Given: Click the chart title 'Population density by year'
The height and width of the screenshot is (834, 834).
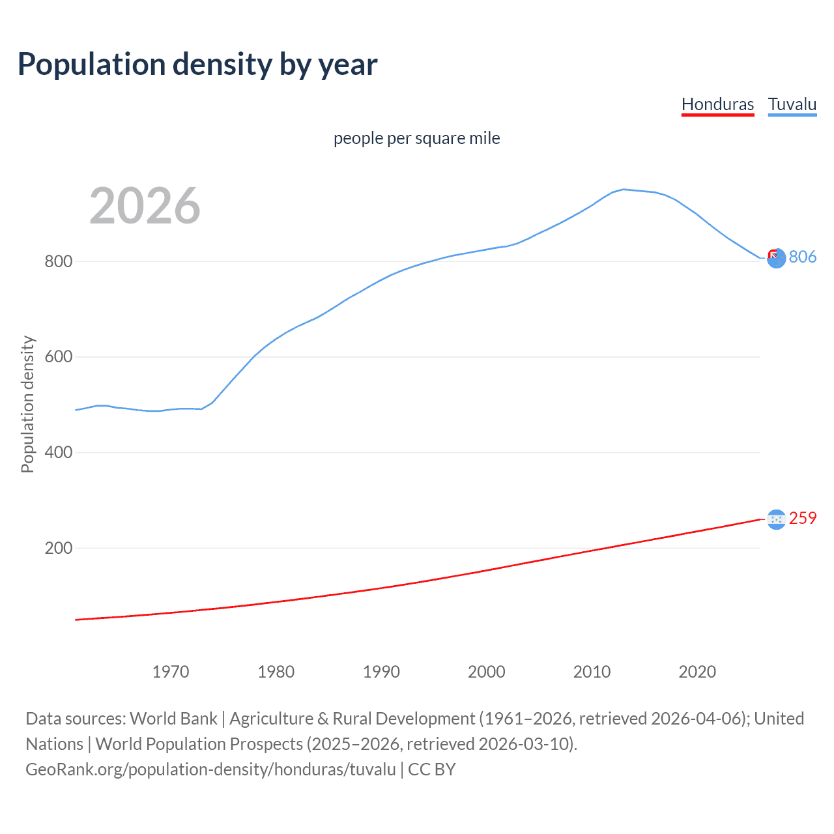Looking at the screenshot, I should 197,65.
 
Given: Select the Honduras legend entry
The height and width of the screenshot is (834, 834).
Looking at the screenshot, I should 717,104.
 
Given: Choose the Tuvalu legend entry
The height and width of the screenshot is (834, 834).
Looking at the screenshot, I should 792,104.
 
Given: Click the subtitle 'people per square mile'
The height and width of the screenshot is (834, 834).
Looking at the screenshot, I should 416,138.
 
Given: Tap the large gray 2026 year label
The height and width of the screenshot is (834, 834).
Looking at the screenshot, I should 145,206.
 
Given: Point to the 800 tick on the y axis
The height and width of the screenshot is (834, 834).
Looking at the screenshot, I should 58,261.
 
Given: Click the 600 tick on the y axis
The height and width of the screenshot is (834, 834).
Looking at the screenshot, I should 58,357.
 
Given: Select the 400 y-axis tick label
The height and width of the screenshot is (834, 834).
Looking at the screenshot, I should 58,452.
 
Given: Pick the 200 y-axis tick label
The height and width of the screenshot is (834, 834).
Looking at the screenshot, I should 58,548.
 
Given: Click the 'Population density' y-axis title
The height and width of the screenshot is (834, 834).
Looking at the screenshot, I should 27,404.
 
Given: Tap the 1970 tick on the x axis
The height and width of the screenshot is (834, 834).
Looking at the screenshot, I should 171,672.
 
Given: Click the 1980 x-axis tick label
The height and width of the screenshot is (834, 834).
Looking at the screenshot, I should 276,672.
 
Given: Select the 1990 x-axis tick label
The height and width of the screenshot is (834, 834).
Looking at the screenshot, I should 381,672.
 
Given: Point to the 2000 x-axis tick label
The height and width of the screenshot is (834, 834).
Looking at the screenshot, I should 487,672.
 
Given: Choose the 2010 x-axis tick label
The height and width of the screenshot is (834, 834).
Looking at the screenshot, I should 592,672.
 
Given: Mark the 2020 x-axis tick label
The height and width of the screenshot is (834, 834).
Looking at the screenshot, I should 697,672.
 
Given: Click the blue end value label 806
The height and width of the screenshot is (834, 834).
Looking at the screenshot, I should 802,257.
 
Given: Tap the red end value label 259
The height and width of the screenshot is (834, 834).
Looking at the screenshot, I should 802,518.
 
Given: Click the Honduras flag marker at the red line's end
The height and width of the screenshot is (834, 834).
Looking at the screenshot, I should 776,519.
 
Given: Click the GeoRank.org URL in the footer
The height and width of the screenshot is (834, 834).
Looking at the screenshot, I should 210,769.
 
